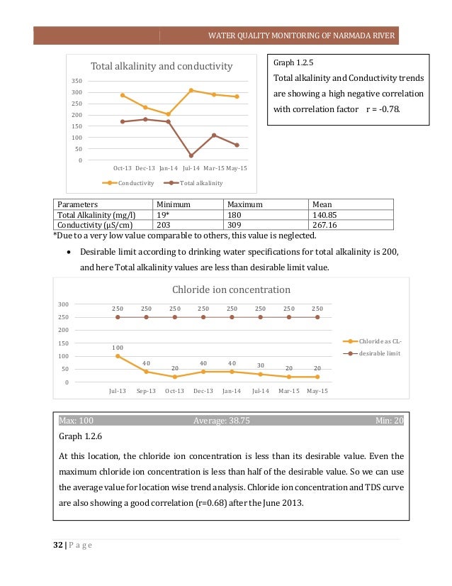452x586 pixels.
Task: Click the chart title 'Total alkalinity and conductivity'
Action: point(162,66)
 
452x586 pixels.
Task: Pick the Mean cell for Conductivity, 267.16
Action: point(327,225)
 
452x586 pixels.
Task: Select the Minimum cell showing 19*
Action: point(164,215)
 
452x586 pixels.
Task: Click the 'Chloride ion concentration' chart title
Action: point(231,289)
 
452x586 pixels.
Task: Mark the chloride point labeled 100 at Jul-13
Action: point(118,356)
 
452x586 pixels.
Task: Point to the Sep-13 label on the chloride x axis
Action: point(146,390)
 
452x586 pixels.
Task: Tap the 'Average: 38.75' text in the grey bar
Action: point(221,421)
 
